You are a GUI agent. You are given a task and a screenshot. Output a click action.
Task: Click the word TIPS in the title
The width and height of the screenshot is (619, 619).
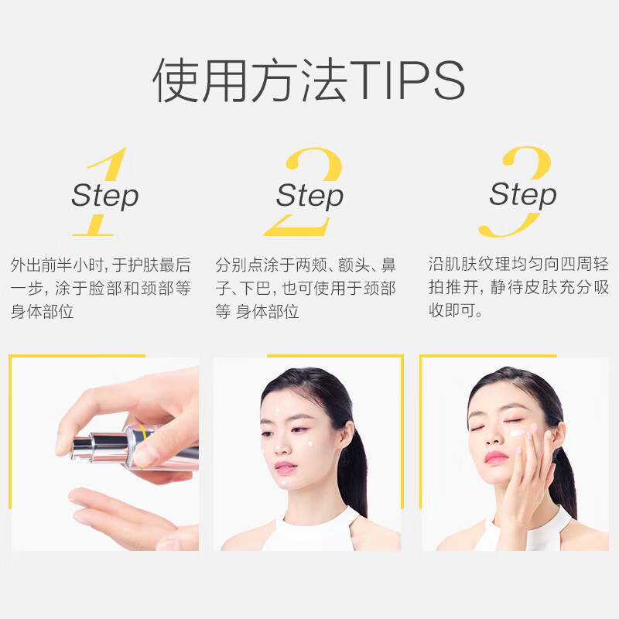pos(409,80)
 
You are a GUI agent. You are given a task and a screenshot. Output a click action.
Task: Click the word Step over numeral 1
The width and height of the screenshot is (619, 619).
pos(104,195)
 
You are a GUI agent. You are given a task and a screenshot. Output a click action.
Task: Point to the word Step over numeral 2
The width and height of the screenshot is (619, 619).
pos(309,195)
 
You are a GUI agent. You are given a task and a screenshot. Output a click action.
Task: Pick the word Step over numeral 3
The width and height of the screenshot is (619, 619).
pos(522,193)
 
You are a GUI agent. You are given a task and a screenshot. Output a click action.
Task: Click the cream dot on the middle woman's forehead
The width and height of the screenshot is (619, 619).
pos(276,411)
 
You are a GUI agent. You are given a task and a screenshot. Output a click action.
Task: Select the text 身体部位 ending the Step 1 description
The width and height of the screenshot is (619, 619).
pos(42,313)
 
